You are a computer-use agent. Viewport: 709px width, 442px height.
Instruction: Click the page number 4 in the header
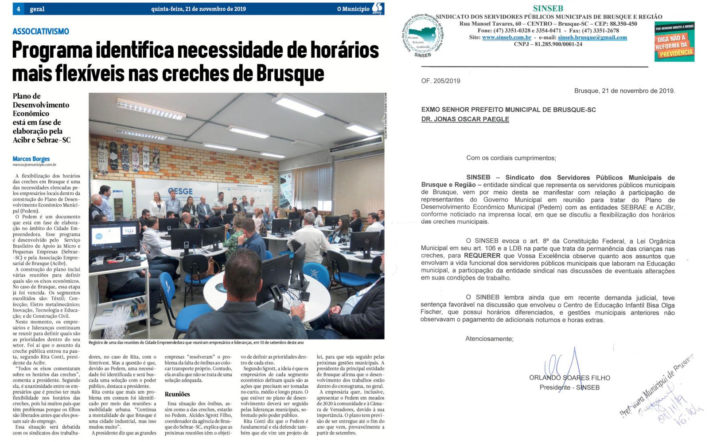click(19, 9)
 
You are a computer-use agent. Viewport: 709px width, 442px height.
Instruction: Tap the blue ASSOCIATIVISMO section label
click(41, 32)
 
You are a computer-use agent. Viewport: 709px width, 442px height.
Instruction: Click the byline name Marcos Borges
click(31, 159)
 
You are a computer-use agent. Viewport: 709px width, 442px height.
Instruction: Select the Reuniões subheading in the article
click(177, 394)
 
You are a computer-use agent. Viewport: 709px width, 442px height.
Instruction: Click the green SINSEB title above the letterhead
click(548, 8)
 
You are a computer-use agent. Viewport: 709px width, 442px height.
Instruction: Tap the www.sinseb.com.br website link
click(506, 37)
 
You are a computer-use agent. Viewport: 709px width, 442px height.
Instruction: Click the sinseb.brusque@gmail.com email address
click(592, 37)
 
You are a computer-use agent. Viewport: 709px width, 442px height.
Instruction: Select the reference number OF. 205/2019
click(440, 81)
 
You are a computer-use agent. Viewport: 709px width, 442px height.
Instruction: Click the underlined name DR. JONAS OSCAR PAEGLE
click(465, 119)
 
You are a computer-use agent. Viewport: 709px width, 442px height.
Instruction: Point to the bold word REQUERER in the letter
click(482, 256)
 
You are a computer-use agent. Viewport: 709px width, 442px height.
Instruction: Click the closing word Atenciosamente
click(489, 339)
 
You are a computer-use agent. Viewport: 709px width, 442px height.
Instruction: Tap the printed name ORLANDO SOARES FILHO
click(569, 378)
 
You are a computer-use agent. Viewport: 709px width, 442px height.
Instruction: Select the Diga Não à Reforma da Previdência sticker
click(674, 42)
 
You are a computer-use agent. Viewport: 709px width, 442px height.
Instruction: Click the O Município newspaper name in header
click(353, 9)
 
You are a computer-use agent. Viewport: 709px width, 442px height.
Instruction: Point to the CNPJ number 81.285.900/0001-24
click(548, 44)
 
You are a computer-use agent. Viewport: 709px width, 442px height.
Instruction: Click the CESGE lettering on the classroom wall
click(180, 191)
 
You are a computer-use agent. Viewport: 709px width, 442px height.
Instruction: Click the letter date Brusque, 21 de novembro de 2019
click(624, 91)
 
